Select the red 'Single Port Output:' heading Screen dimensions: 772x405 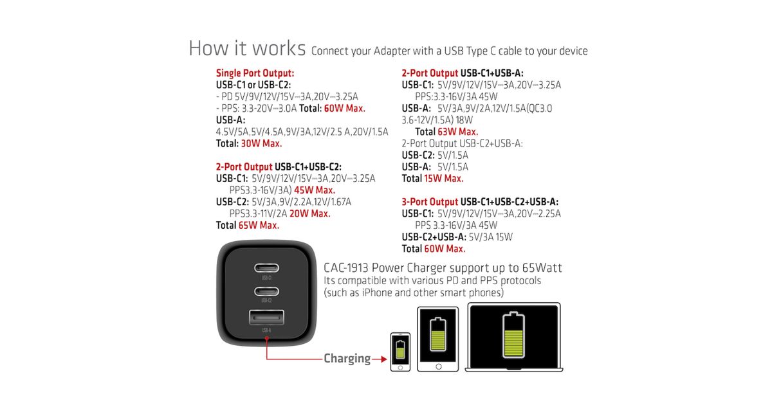coord(255,73)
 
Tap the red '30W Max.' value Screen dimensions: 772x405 coord(261,143)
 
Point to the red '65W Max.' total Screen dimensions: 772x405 coord(259,225)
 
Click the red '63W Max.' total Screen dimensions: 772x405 coord(457,132)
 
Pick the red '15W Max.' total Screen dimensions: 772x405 coord(443,179)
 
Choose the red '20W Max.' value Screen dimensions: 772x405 coord(310,213)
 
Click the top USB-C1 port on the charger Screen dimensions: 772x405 coord(266,267)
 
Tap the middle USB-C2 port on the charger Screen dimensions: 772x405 coord(266,291)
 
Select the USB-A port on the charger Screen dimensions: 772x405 coord(266,318)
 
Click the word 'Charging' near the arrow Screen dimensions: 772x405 coord(347,359)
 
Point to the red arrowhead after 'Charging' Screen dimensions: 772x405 coord(383,359)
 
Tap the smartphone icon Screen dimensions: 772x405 coord(400,352)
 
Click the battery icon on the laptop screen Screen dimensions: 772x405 coord(513,335)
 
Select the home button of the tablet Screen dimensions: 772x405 coord(438,366)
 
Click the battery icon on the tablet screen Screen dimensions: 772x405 coord(438,334)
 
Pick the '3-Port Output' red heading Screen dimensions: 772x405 coord(430,202)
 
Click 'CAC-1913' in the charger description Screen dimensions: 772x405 coord(346,267)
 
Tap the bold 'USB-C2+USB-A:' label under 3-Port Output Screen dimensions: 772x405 coord(434,237)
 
